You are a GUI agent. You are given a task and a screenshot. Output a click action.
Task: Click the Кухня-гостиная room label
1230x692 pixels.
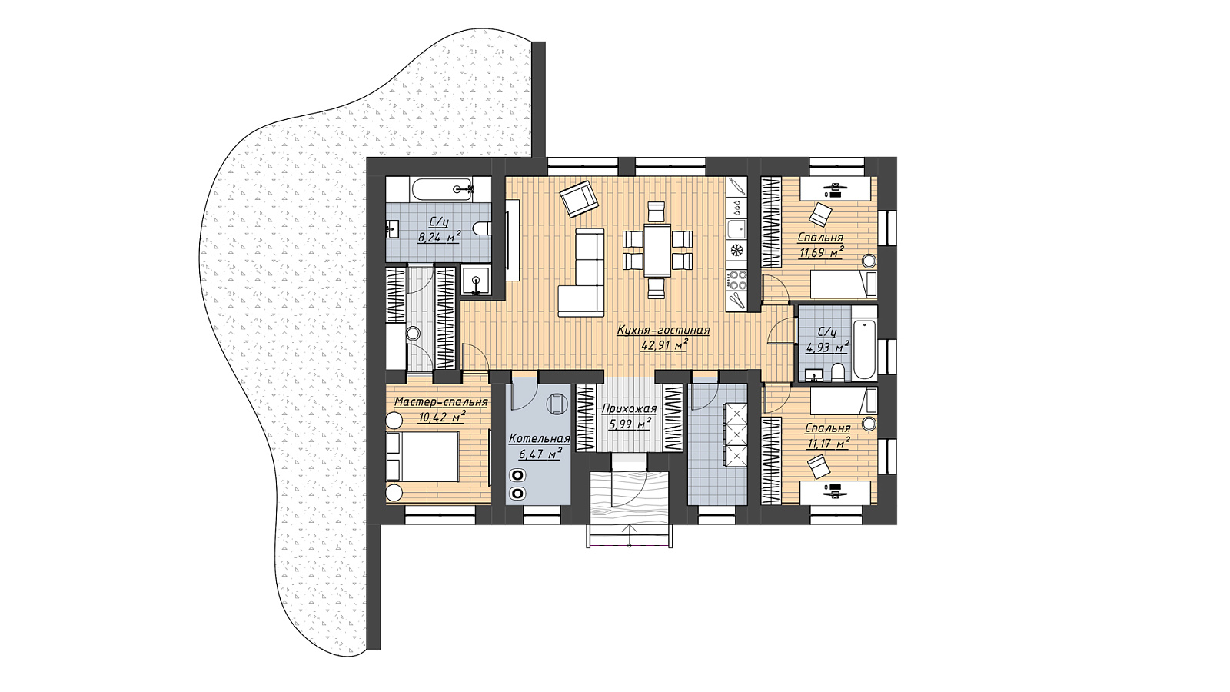[x=663, y=331]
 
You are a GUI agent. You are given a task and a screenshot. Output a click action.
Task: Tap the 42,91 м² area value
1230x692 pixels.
[x=664, y=345]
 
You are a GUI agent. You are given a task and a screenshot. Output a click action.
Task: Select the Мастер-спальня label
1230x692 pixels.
[x=441, y=402]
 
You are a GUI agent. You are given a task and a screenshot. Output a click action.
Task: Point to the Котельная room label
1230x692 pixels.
[x=539, y=439]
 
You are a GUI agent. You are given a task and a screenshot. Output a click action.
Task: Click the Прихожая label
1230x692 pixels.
[x=629, y=409]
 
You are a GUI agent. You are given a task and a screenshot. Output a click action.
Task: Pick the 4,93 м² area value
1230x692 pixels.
[x=828, y=347]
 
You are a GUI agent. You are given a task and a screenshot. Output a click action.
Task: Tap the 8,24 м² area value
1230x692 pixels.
[x=439, y=237]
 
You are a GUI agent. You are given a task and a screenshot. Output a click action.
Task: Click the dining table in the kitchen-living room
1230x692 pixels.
[x=657, y=249]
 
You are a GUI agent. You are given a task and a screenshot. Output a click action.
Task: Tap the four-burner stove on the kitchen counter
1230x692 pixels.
[x=737, y=280]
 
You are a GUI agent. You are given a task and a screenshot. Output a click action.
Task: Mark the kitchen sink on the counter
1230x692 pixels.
[x=737, y=229]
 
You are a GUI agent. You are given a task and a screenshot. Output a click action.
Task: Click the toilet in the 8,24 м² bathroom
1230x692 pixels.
[x=481, y=228]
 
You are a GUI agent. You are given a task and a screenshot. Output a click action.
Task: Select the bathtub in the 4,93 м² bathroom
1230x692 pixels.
[x=865, y=343]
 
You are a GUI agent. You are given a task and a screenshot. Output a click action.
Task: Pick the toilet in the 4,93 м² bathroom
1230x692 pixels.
[x=839, y=372]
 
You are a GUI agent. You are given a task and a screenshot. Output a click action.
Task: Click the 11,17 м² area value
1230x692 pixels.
[x=829, y=443]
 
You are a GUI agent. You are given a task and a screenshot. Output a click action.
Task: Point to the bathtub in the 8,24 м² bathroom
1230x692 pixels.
[x=438, y=189]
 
